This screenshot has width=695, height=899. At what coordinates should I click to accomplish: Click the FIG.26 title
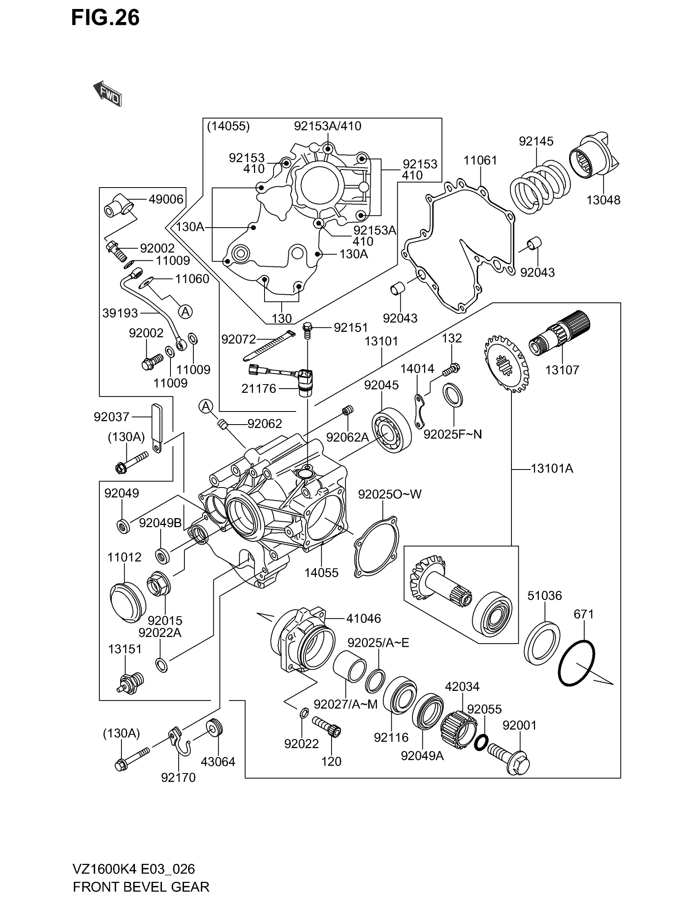click(x=105, y=18)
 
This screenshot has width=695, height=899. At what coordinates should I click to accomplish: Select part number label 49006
click(x=166, y=199)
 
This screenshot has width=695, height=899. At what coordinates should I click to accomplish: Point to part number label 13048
click(x=603, y=200)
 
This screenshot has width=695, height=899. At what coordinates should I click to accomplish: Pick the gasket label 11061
click(x=480, y=160)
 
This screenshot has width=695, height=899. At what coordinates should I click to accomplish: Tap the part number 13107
click(x=562, y=370)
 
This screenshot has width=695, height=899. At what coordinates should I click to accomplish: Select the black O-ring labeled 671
click(x=576, y=663)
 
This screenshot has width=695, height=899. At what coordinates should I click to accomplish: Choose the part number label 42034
click(x=462, y=687)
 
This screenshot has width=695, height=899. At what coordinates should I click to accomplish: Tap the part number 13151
click(x=125, y=649)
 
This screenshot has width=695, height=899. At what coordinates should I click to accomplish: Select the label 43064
click(x=218, y=762)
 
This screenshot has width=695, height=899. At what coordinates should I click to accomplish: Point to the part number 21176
click(x=258, y=388)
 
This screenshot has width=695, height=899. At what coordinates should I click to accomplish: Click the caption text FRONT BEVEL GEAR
click(x=141, y=886)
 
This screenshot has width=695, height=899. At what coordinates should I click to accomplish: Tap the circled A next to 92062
click(x=206, y=406)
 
